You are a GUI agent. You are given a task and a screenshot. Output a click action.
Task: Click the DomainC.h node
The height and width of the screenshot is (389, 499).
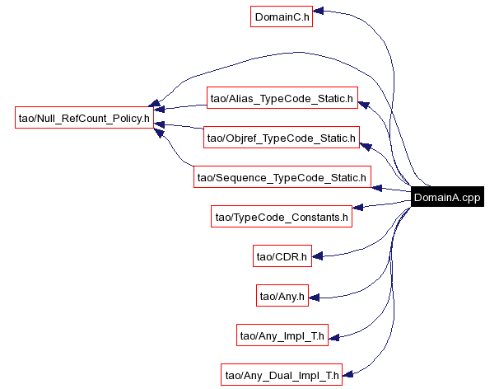pos(281,16)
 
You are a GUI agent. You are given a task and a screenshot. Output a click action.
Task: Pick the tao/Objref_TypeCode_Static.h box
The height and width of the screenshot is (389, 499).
pos(281,138)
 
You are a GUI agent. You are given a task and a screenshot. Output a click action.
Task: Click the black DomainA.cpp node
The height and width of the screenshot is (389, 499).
pos(447,197)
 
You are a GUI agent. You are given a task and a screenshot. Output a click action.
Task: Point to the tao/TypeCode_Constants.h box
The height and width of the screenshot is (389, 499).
pos(282,217)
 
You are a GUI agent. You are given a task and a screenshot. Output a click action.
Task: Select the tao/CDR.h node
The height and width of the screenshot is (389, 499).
pos(282,256)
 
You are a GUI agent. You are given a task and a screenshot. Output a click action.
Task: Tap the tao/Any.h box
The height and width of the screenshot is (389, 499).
pos(282,295)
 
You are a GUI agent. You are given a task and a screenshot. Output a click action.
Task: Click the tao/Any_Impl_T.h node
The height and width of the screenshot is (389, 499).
pos(282,335)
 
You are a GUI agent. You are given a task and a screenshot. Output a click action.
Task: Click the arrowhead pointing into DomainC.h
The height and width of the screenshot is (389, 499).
pos(318,12)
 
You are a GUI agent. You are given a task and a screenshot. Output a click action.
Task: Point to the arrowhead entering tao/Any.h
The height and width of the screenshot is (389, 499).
pos(315,295)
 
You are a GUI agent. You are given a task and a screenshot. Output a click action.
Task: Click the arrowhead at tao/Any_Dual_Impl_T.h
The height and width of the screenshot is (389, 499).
pos(347,376)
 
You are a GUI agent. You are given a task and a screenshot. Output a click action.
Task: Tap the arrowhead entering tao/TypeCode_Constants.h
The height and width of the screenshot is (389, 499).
pos(358,208)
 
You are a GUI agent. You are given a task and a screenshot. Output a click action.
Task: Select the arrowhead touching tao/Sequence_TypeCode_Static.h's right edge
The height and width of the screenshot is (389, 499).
pos(377,188)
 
